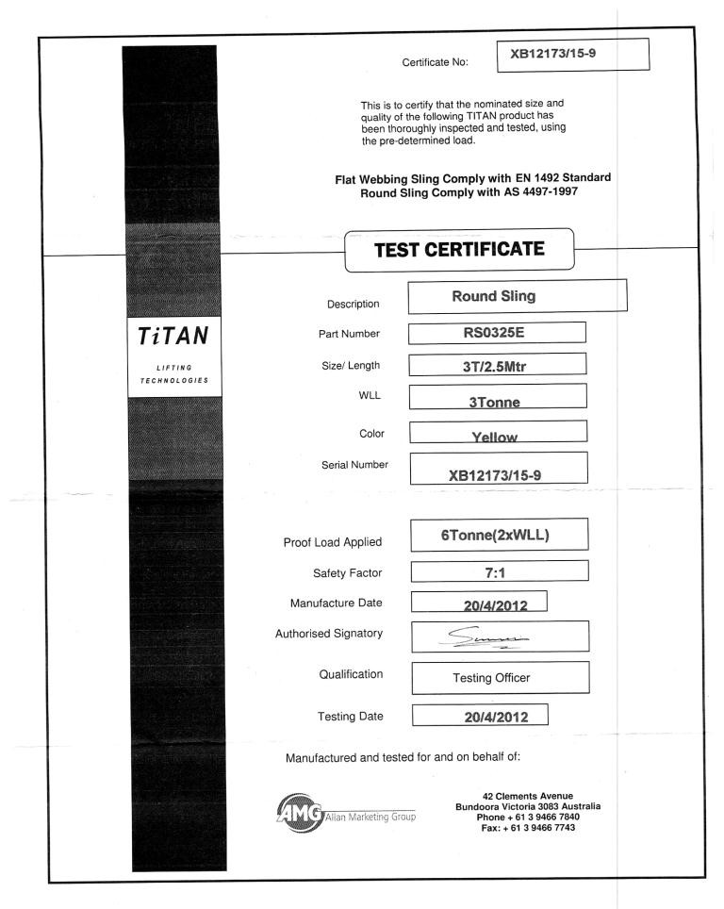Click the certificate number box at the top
coord(573,54)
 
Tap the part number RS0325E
coord(497,331)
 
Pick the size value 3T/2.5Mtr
coord(497,363)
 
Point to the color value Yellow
coord(497,435)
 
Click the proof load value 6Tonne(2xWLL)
coord(501,535)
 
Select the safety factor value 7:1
coord(501,571)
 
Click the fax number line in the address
coord(528,827)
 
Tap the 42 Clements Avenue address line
coord(528,796)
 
